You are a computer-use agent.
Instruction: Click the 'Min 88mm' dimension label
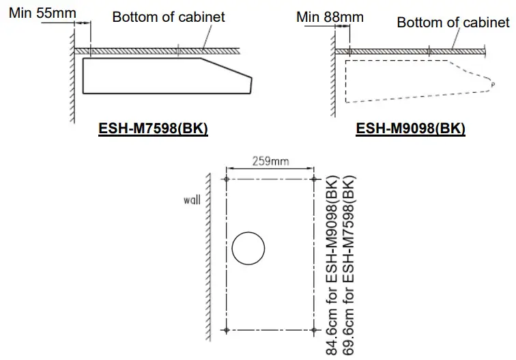(330, 16)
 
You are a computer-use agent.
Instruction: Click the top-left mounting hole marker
(226, 178)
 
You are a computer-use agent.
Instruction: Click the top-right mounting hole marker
(313, 178)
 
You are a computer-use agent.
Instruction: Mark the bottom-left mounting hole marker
(226, 330)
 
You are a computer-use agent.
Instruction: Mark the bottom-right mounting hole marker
(313, 330)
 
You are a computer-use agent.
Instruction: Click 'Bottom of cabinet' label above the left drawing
(169, 16)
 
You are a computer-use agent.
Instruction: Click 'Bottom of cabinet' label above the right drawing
(453, 23)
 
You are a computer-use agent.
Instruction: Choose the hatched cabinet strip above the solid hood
(157, 51)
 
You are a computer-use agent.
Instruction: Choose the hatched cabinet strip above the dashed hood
(410, 51)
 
